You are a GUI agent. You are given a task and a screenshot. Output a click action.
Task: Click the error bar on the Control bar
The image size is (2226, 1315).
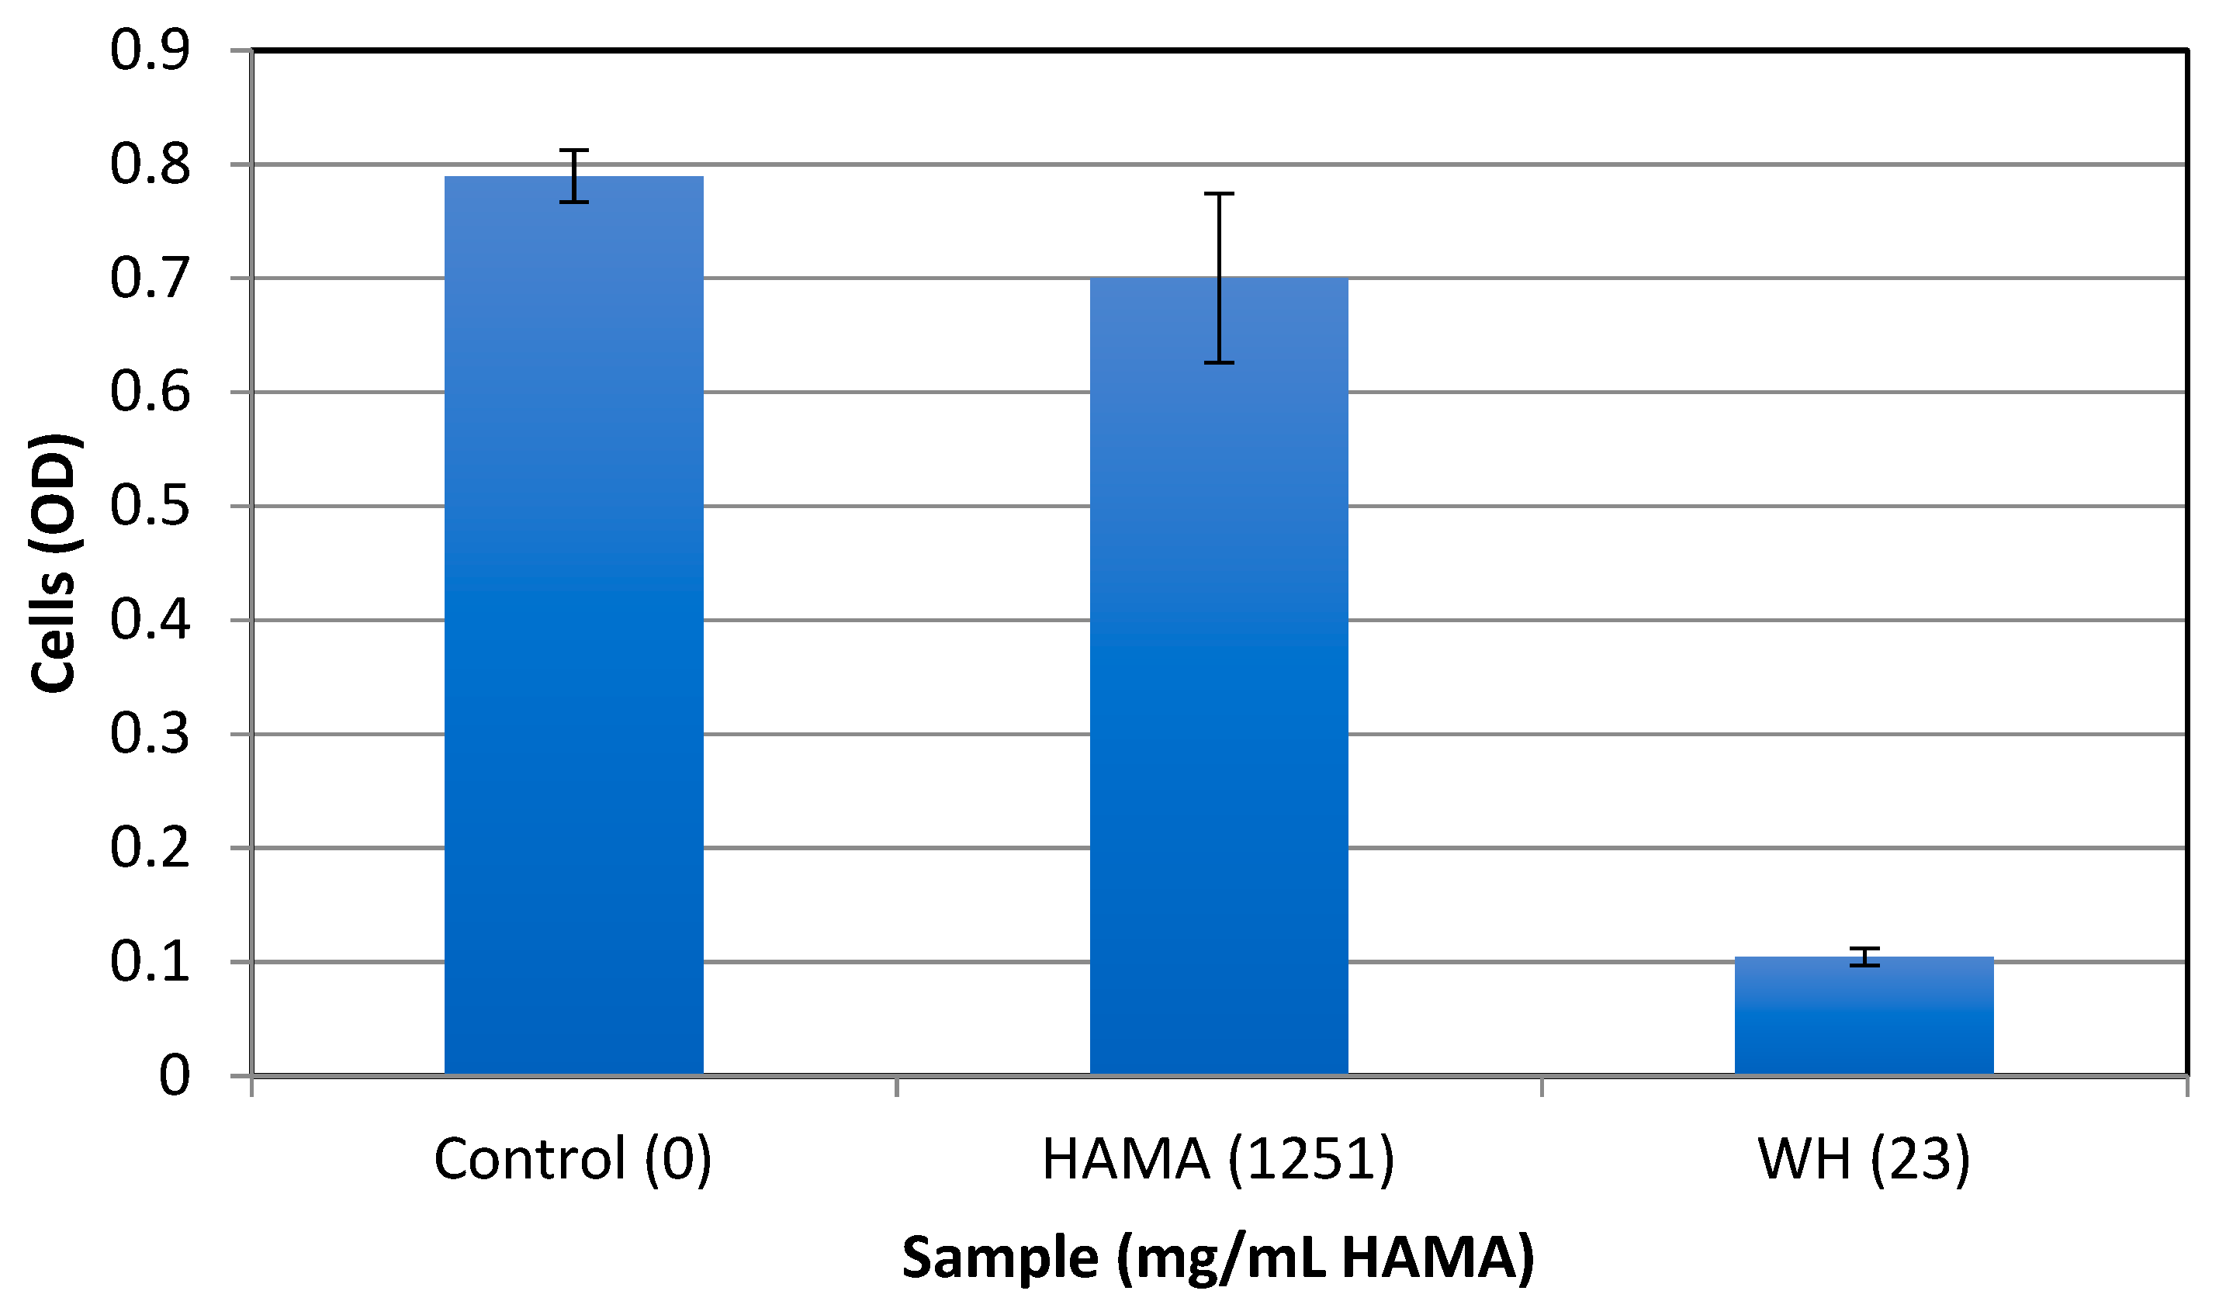(573, 175)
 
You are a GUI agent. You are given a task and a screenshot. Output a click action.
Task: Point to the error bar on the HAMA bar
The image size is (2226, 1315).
(1220, 278)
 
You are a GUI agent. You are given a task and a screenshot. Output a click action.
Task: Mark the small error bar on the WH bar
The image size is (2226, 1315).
(1864, 957)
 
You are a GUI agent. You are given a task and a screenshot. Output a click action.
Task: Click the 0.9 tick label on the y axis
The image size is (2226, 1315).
(150, 50)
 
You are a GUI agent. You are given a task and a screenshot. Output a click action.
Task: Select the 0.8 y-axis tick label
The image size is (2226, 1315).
(150, 164)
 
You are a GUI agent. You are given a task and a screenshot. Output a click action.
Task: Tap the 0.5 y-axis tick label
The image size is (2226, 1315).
(150, 507)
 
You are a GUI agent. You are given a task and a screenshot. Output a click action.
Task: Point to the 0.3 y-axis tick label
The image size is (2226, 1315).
(150, 735)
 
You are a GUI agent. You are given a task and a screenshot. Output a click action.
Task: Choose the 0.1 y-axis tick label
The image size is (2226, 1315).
(150, 962)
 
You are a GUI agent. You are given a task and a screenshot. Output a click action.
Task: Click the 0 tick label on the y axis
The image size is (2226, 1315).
(174, 1077)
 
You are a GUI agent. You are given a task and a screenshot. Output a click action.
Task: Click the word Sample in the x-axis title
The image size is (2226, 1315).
(1000, 1258)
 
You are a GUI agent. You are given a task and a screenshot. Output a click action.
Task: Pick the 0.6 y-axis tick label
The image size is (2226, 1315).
(150, 393)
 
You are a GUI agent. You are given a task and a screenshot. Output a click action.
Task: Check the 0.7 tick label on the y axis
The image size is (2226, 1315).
(150, 279)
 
